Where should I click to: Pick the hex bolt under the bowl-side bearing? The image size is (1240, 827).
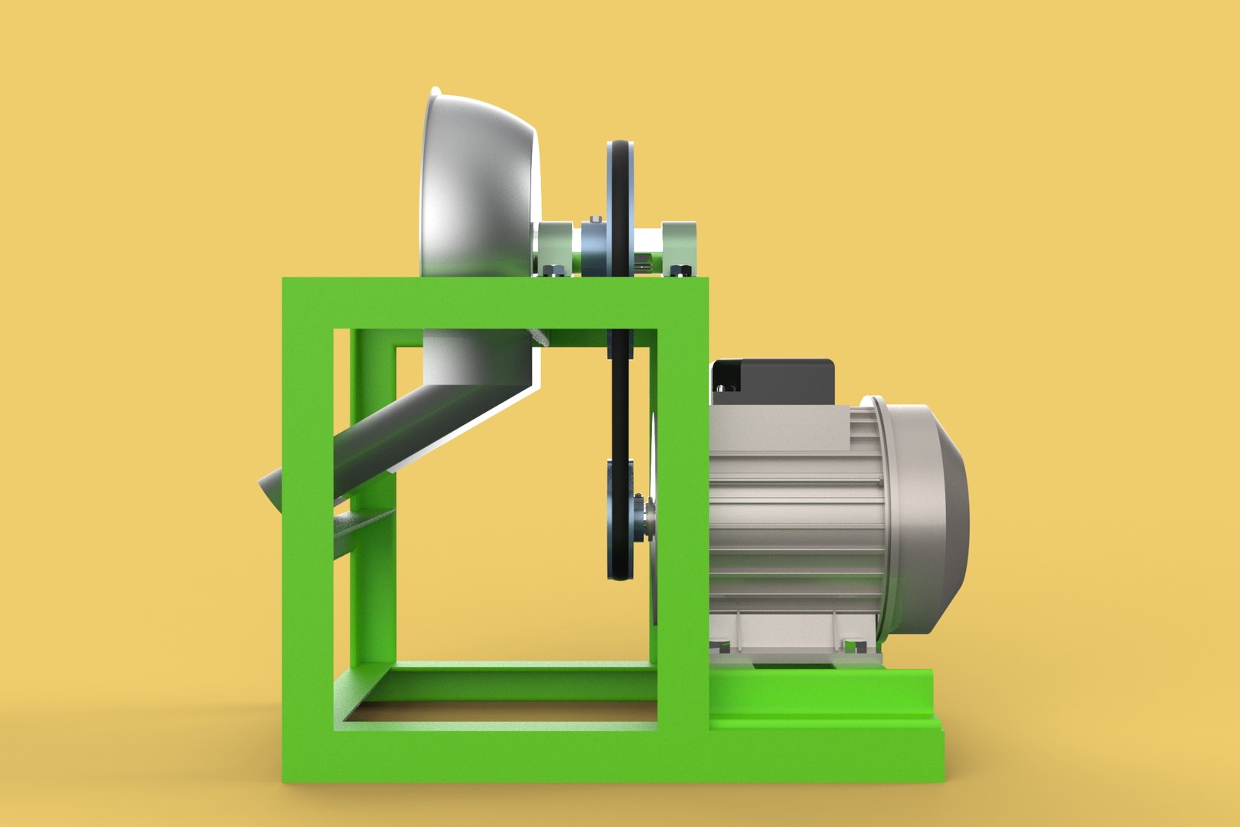(553, 270)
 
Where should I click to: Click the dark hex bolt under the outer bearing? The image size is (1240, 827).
(677, 270)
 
